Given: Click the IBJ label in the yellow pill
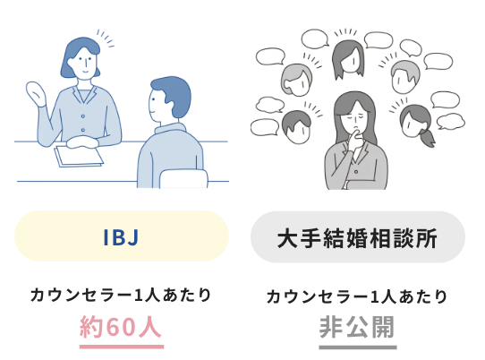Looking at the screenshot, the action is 121,236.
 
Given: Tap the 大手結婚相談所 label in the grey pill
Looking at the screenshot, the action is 357,238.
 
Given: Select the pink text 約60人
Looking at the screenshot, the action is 121,327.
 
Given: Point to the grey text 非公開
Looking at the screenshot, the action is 357,327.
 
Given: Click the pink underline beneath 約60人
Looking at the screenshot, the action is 122,347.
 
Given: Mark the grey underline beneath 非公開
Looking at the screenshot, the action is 358,347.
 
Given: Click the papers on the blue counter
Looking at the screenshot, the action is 79,157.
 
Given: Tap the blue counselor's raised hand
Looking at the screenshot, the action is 36,94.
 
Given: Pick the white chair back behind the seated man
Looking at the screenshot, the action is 183,178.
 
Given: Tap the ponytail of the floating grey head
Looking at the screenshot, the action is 427,138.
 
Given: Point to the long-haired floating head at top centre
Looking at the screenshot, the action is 348,59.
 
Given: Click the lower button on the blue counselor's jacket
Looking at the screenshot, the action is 82,130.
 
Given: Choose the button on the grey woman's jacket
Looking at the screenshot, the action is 356,171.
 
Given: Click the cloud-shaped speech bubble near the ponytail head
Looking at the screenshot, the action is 450,121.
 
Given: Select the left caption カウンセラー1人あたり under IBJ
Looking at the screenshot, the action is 121,295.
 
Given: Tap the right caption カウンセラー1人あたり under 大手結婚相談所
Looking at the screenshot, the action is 357,296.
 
